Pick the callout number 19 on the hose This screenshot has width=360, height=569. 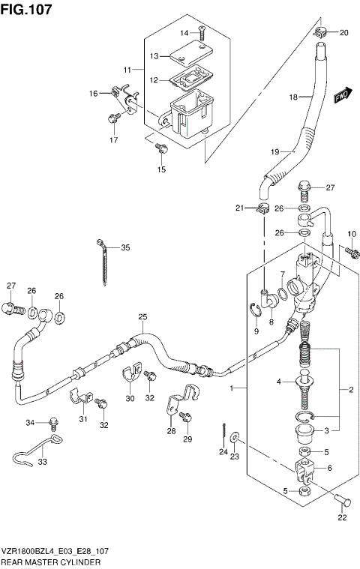[x=274, y=152]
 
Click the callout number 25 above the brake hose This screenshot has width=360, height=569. [x=142, y=318]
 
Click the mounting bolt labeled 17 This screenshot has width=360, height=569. [x=113, y=118]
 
